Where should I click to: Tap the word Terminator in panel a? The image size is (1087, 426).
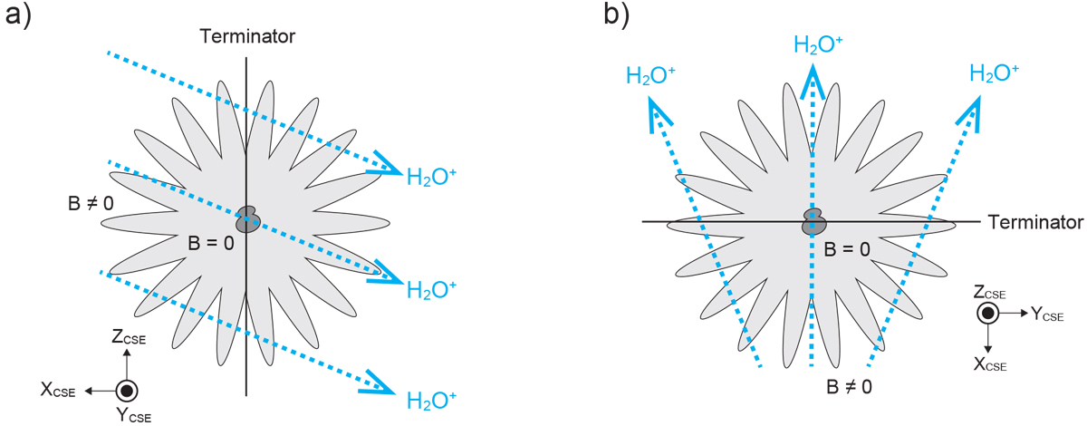pyautogui.click(x=247, y=37)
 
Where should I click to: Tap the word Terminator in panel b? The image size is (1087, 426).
pyautogui.click(x=1035, y=222)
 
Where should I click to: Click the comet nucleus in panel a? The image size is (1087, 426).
pyautogui.click(x=247, y=218)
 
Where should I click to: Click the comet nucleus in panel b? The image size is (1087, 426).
pyautogui.click(x=813, y=220)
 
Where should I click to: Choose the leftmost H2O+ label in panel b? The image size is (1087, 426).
pyautogui.click(x=650, y=75)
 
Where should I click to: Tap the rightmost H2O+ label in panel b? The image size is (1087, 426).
pyautogui.click(x=993, y=73)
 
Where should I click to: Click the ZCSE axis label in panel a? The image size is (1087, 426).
pyautogui.click(x=130, y=339)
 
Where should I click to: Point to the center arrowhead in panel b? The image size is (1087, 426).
pyautogui.click(x=813, y=76)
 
